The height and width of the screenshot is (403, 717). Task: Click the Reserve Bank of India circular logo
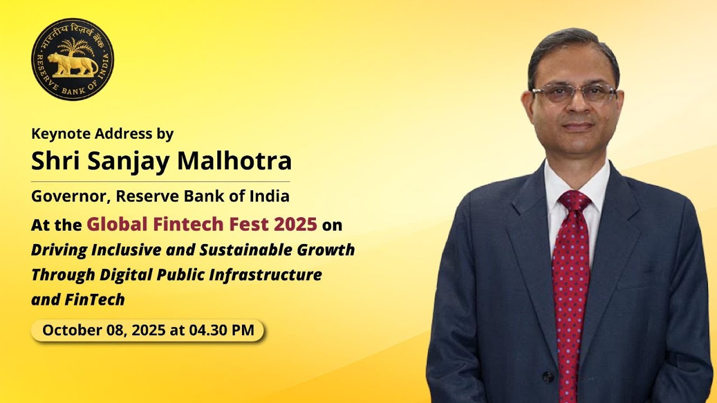click(x=72, y=59)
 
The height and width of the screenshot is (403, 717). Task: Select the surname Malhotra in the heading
click(x=234, y=161)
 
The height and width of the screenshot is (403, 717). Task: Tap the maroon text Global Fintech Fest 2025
click(x=202, y=224)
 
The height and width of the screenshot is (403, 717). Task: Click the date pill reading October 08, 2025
click(x=147, y=330)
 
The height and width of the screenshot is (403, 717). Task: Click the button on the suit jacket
click(x=548, y=377)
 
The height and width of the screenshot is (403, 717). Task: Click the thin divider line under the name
click(x=160, y=181)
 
